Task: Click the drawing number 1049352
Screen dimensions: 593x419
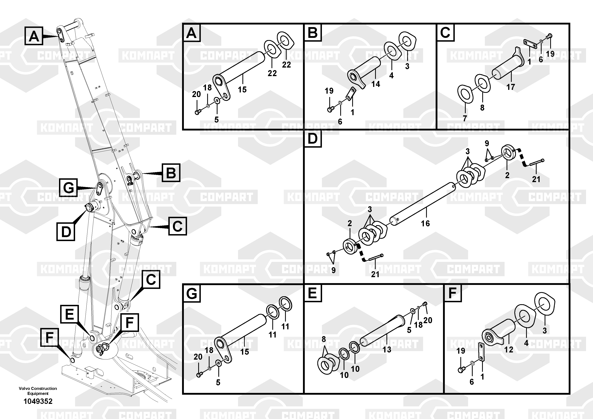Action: pos(38,401)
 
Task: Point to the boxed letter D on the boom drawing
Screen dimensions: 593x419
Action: pos(66,232)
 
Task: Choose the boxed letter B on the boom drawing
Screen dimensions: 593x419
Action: pos(171,173)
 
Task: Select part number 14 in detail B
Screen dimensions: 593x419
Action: pos(376,84)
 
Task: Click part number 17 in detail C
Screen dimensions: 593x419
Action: pos(511,87)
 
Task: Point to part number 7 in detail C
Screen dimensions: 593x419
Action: pos(465,118)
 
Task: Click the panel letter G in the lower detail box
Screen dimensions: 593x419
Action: pos(191,294)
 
